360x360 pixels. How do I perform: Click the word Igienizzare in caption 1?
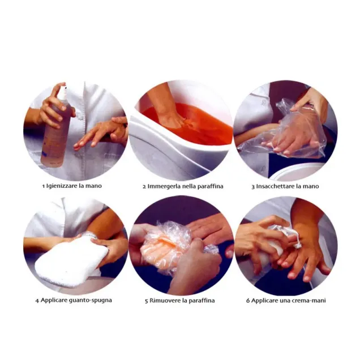pos(62,186)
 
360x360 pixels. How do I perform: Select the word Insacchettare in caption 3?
pos(275,186)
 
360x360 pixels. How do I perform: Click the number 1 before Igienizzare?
pos(44,186)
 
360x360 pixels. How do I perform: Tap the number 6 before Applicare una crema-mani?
pos(248,301)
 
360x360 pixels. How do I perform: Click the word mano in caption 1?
pos(93,186)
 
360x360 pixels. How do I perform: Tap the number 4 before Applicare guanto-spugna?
pos(37,301)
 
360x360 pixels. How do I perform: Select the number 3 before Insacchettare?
pos(253,186)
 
